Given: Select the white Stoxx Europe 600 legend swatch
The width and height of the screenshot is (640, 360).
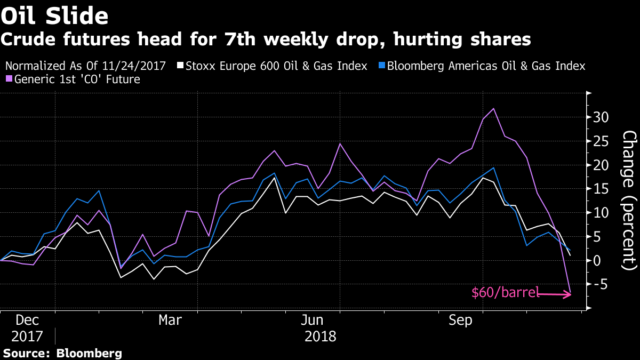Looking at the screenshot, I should pyautogui.click(x=181, y=66).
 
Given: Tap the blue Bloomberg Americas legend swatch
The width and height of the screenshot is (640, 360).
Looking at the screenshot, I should pyautogui.click(x=381, y=66).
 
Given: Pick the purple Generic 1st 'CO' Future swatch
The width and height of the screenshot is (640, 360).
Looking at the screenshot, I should pyautogui.click(x=8, y=79).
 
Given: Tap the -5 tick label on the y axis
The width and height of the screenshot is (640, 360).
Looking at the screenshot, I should pyautogui.click(x=601, y=284).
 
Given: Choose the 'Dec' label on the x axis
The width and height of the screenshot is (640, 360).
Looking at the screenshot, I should pyautogui.click(x=27, y=321).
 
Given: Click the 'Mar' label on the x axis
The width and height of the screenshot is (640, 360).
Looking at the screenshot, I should pyautogui.click(x=170, y=321).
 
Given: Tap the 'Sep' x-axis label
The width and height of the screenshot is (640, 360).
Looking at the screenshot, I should pyautogui.click(x=460, y=321).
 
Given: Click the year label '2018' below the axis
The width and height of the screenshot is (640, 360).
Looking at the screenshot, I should pyautogui.click(x=321, y=337).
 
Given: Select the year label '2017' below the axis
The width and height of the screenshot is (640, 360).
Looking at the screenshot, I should pyautogui.click(x=27, y=337).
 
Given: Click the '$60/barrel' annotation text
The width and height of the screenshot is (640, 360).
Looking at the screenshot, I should pyautogui.click(x=505, y=292).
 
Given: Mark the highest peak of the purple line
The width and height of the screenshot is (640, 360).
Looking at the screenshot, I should pyautogui.click(x=493, y=108).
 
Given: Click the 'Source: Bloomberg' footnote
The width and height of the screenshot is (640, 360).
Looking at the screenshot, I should pyautogui.click(x=63, y=353).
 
